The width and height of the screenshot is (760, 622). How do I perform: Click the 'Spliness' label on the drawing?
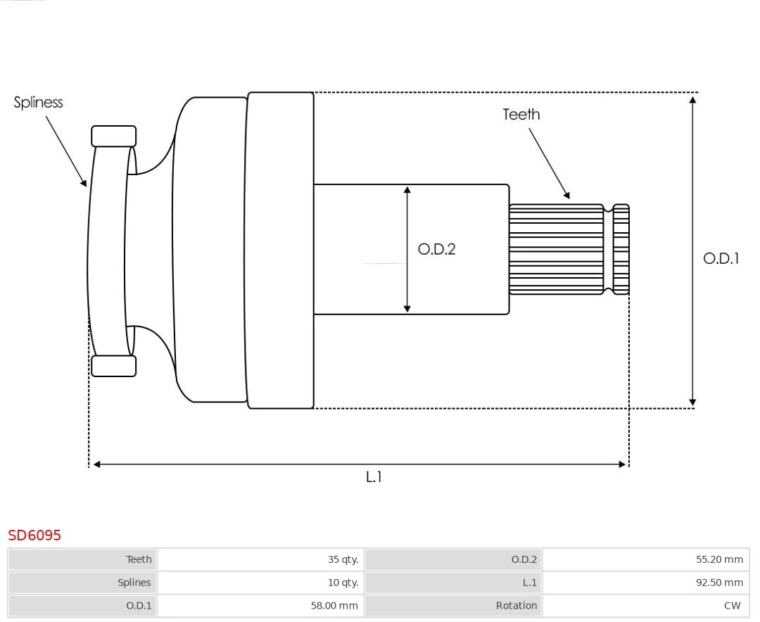click(38, 103)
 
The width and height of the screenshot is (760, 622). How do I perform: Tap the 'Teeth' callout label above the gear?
click(521, 114)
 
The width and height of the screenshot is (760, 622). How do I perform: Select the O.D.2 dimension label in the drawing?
click(436, 249)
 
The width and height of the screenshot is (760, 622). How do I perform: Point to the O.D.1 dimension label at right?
click(721, 258)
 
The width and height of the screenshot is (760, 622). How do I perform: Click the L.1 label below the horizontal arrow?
click(374, 477)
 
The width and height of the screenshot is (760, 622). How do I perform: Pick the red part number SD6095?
click(34, 535)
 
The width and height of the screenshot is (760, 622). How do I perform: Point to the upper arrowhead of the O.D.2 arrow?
click(407, 191)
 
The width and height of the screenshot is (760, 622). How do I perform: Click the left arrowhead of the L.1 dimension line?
click(97, 464)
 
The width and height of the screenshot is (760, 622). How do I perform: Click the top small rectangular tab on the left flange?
click(113, 137)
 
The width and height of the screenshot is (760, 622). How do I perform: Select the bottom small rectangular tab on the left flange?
click(113, 366)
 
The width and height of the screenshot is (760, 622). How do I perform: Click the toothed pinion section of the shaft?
click(556, 249)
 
